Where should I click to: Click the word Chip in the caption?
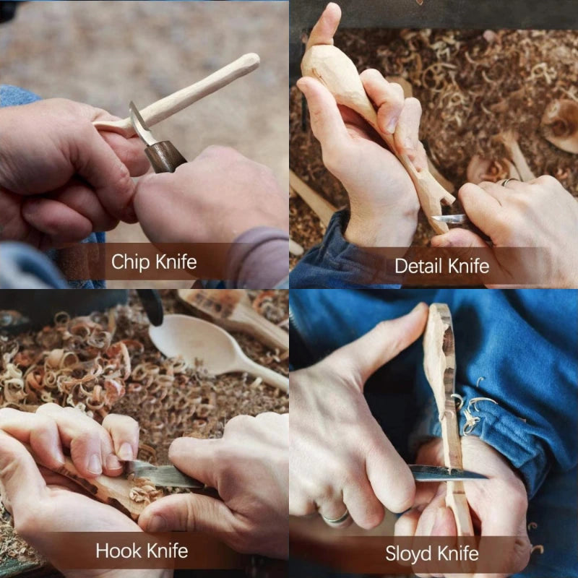tap(130, 262)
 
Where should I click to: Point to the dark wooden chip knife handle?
tap(165, 155)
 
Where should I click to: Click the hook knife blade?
tap(163, 475)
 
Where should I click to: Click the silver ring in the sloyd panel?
tap(336, 518)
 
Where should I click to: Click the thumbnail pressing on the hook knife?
tap(124, 451)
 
